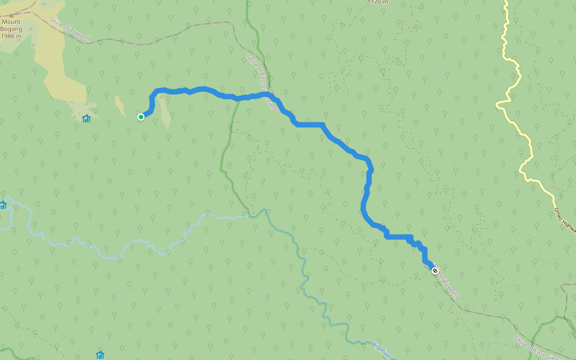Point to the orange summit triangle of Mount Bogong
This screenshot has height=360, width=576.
point(11,14)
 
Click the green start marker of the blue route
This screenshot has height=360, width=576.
point(141,117)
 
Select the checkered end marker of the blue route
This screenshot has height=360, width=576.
point(435,271)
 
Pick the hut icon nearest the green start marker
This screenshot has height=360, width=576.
point(86,118)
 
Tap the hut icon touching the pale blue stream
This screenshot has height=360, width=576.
point(3,205)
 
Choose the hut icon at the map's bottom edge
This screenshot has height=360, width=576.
point(100,355)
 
